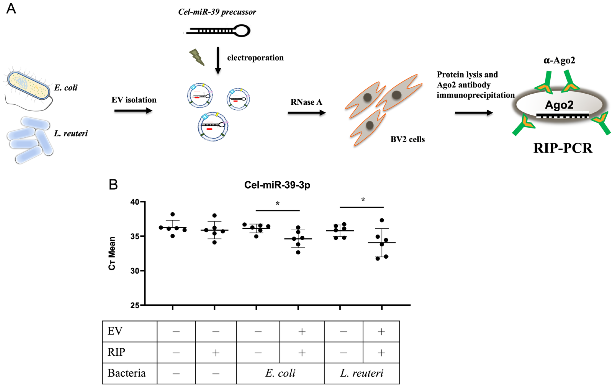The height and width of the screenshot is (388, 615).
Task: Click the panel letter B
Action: point(113,184)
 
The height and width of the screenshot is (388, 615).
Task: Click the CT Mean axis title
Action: point(112,253)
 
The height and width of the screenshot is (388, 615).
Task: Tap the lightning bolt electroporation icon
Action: point(197,57)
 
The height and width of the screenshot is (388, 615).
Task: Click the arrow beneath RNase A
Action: point(306,113)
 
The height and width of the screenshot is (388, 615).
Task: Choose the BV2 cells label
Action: point(407,139)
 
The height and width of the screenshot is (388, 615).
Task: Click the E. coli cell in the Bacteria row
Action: point(280,373)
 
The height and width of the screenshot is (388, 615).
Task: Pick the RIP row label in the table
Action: point(116,352)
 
